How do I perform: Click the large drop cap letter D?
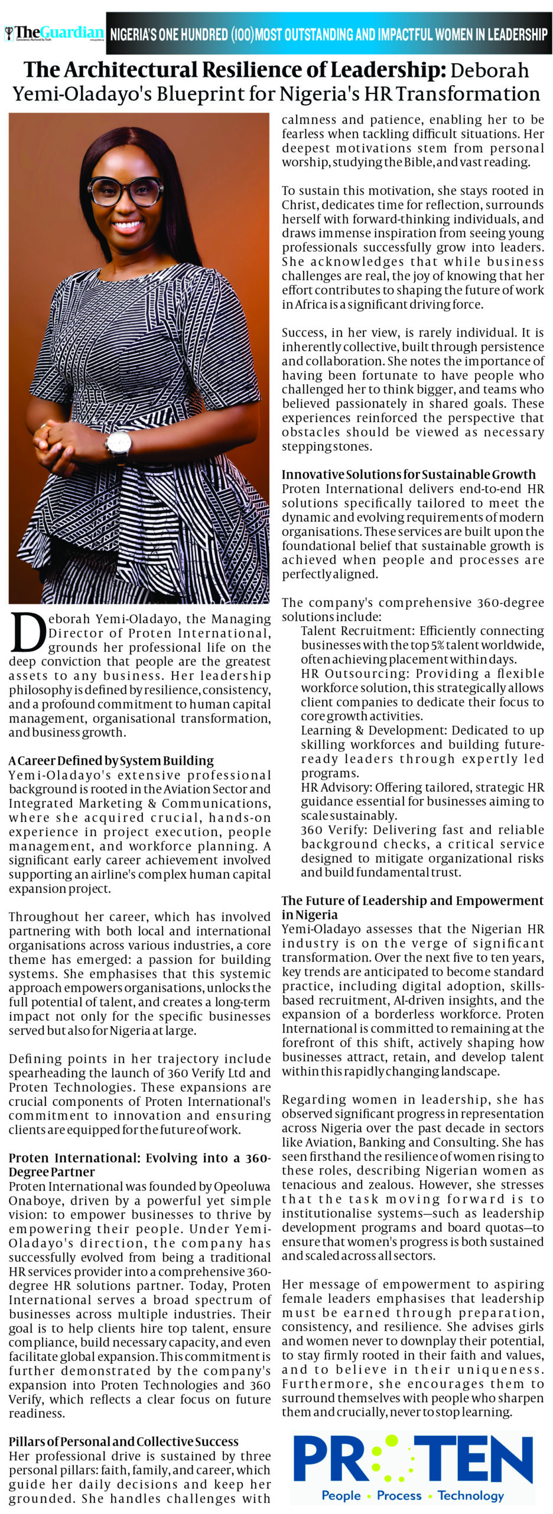click(27, 632)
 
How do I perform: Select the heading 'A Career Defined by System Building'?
click(111, 761)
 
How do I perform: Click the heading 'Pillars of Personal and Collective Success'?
click(123, 1441)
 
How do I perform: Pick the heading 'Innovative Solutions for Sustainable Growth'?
click(408, 474)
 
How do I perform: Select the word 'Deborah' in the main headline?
click(490, 71)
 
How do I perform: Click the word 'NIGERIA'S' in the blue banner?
click(134, 34)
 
